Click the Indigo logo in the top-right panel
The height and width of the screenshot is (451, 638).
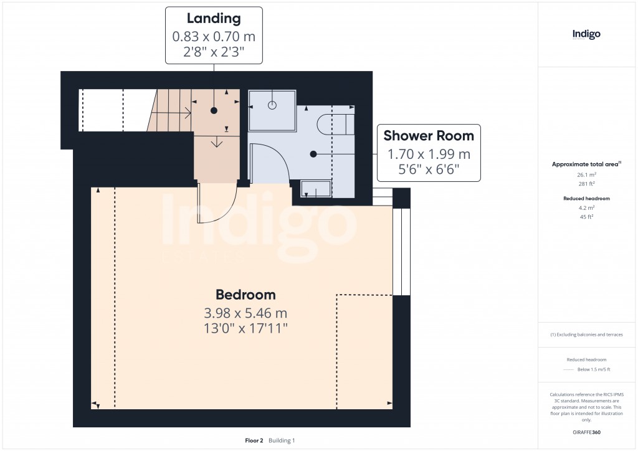click(x=586, y=34)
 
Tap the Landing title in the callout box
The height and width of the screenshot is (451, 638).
click(x=214, y=19)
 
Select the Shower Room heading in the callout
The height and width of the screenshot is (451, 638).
click(x=429, y=135)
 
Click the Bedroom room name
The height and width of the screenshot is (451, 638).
click(x=245, y=295)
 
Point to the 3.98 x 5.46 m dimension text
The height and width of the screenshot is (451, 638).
click(x=245, y=313)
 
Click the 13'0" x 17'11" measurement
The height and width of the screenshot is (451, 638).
click(x=245, y=328)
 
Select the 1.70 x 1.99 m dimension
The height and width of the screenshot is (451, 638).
click(x=429, y=153)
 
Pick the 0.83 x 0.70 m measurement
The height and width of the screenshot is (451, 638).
click(x=214, y=37)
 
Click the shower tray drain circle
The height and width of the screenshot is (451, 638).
click(x=272, y=105)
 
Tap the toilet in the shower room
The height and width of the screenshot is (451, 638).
click(x=333, y=125)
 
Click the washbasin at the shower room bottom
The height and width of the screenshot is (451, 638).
click(x=316, y=188)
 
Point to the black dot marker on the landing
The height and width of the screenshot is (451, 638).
click(x=214, y=110)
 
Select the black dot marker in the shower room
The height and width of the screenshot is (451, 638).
click(x=313, y=153)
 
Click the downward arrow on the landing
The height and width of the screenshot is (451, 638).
click(x=216, y=143)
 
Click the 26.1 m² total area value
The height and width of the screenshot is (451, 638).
click(x=586, y=175)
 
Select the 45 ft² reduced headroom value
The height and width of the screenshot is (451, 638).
click(x=586, y=217)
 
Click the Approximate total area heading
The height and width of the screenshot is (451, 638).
click(x=586, y=164)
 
